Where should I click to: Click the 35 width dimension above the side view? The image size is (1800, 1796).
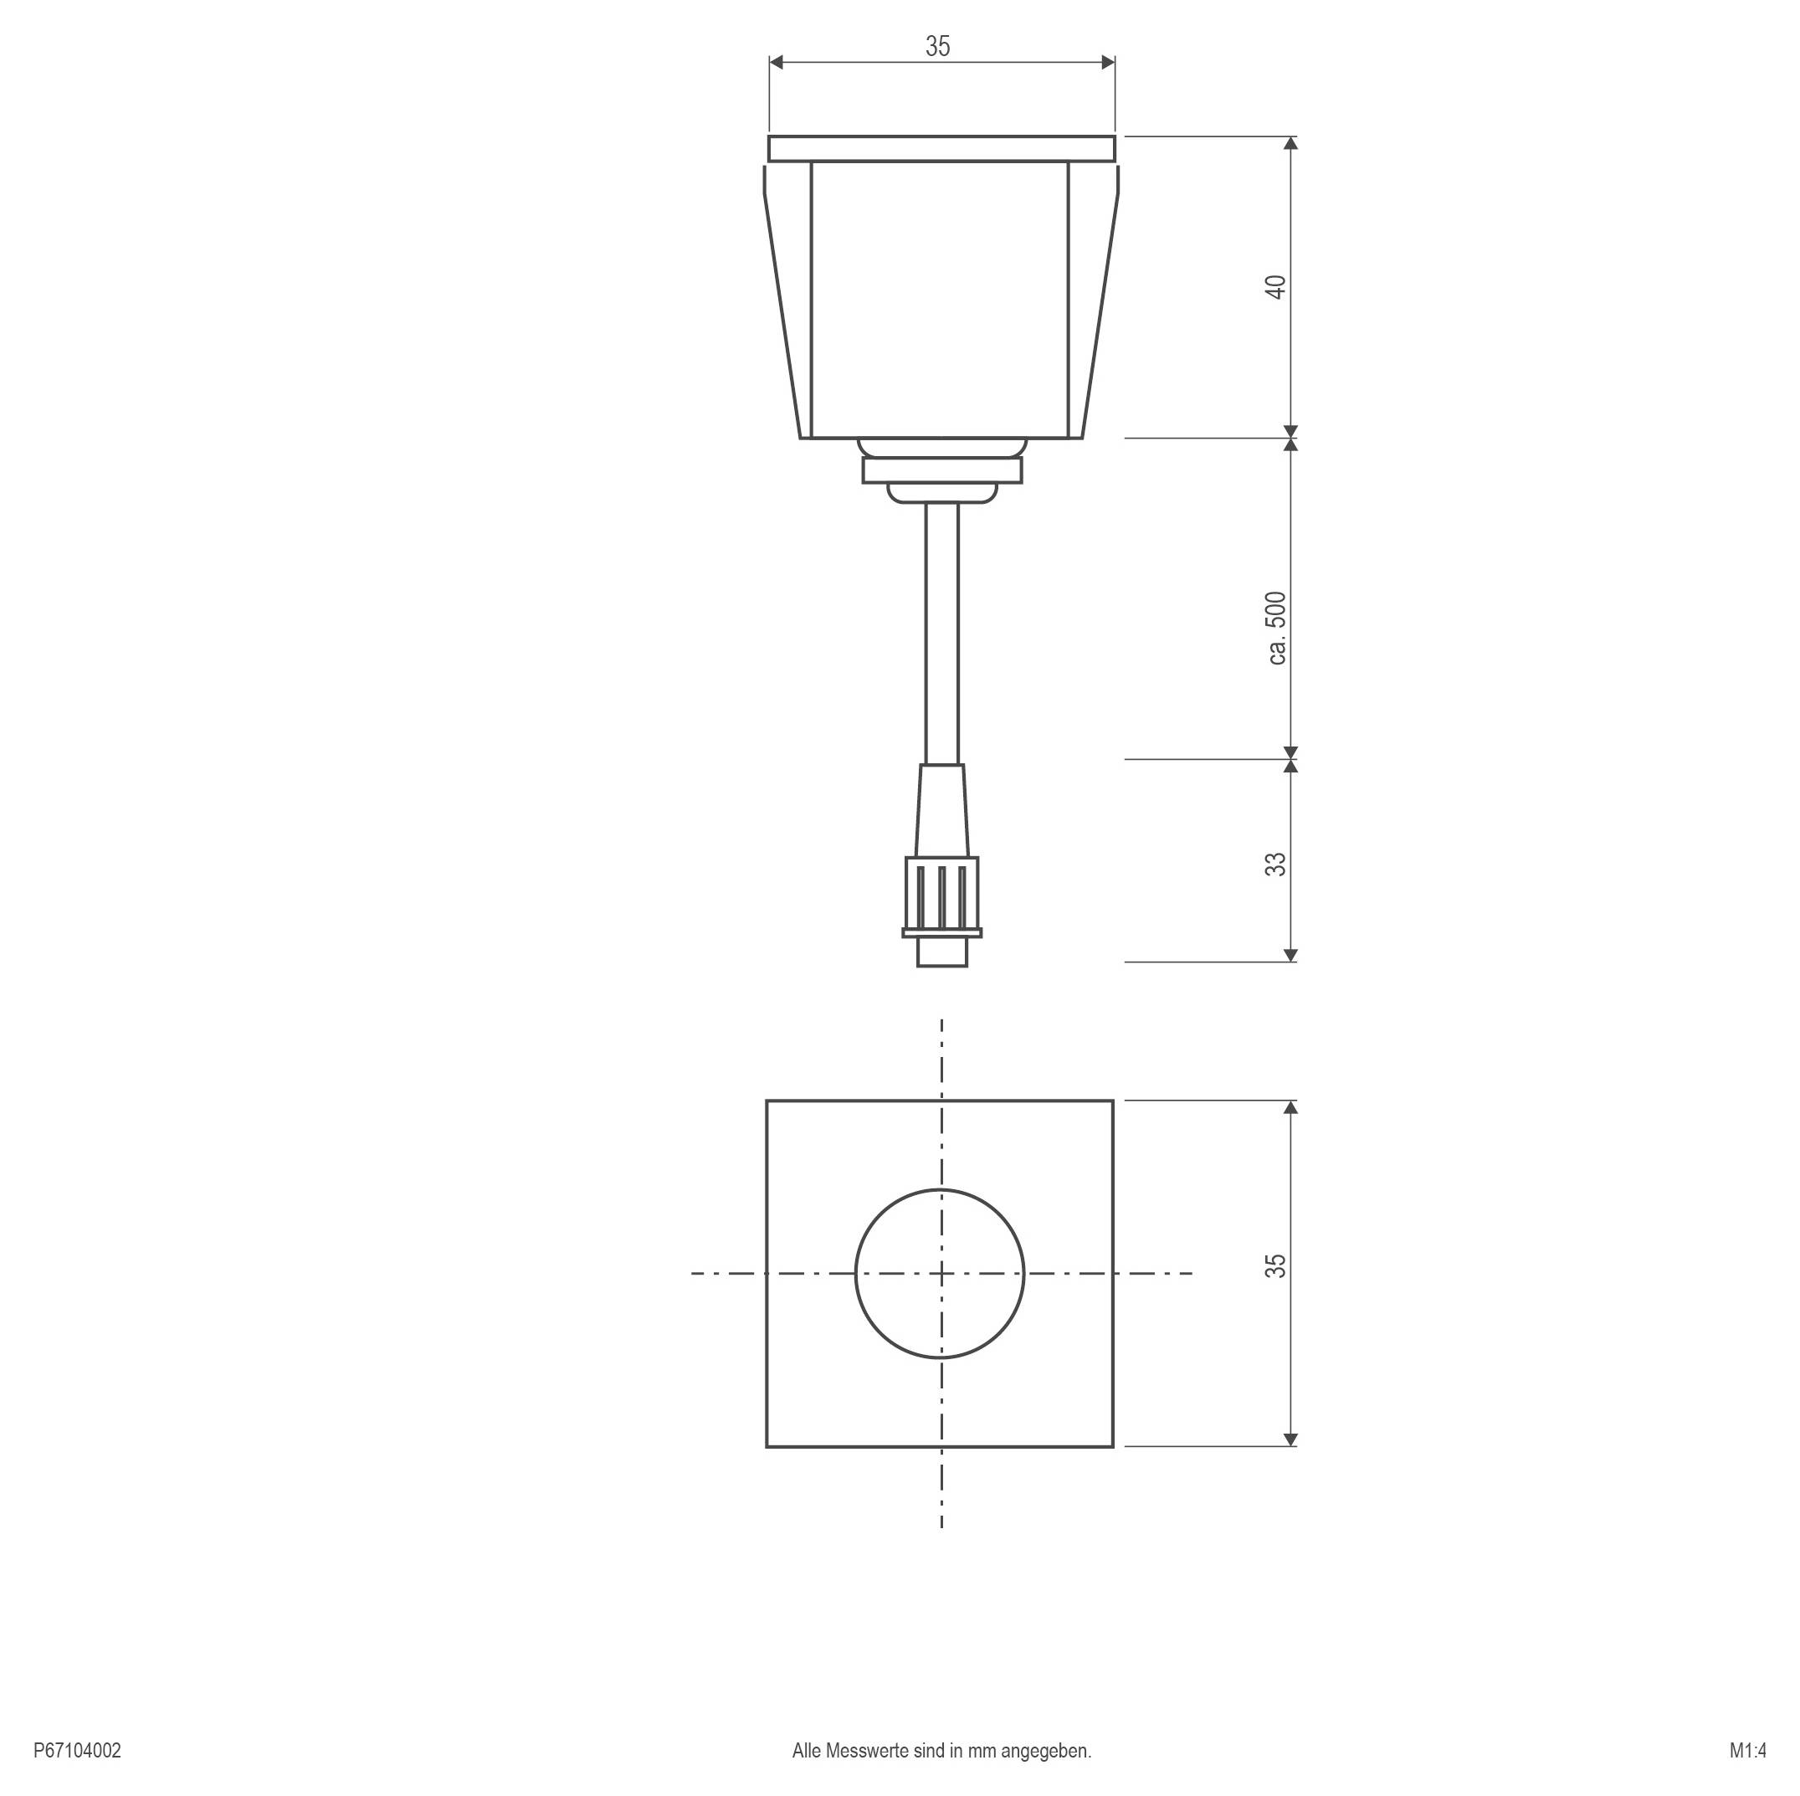937,47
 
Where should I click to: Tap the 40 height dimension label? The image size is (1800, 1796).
1276,287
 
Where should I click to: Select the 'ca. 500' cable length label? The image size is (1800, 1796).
1276,628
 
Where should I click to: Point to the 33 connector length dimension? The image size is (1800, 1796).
1276,864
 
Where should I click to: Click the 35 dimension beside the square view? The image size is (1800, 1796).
1276,1265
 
